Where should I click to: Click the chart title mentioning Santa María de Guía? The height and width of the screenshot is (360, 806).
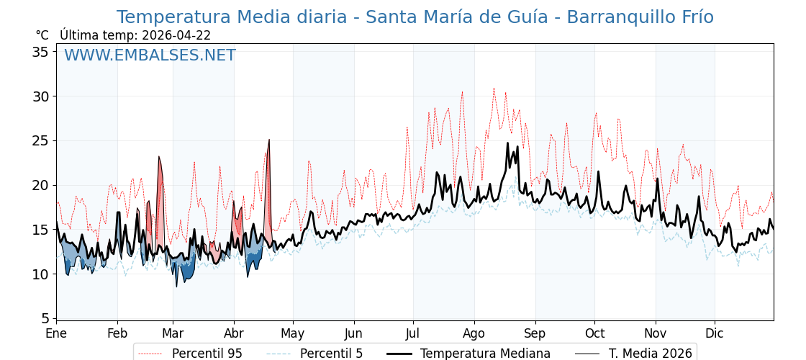click(x=415, y=17)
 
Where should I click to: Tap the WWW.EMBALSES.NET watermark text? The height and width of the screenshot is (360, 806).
click(x=150, y=55)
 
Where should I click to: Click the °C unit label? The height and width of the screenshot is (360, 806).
click(x=42, y=35)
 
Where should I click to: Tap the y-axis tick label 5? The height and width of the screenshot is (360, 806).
click(x=45, y=318)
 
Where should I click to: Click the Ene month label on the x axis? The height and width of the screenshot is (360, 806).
click(x=56, y=333)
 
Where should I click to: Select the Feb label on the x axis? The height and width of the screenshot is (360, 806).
click(x=117, y=333)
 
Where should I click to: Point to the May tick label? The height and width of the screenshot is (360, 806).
click(x=293, y=333)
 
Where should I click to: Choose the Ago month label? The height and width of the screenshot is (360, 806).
click(x=474, y=333)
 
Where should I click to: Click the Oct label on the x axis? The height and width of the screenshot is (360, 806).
click(x=594, y=333)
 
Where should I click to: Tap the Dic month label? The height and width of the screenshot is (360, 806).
click(x=715, y=333)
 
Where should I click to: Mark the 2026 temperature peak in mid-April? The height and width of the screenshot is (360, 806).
click(x=269, y=140)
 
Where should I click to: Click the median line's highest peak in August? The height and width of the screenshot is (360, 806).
click(x=507, y=143)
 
